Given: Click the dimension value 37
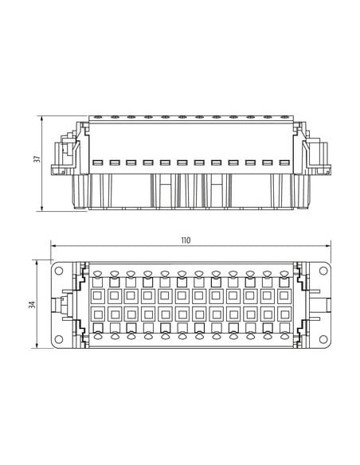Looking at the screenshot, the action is point(37,159).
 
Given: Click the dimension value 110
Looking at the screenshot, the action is point(186,240).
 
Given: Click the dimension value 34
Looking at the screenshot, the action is point(32,305).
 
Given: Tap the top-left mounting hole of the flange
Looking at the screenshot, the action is point(59,271).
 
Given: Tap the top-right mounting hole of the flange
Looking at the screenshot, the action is point(323,271).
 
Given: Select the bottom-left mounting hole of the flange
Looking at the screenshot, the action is point(59,339).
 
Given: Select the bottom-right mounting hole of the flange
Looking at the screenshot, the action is point(323,339).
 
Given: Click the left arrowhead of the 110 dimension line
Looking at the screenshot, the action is point(53,246).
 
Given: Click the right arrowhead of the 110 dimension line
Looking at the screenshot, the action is point(328,246).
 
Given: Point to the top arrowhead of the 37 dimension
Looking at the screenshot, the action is point(41,119).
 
